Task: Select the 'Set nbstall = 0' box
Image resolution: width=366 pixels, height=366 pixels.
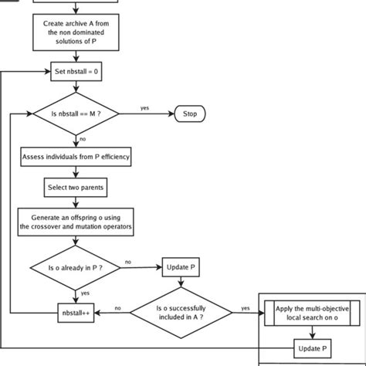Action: click(x=75, y=72)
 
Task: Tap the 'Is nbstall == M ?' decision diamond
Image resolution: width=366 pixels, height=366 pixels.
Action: click(x=75, y=114)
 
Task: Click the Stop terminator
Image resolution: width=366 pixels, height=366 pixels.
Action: click(x=189, y=114)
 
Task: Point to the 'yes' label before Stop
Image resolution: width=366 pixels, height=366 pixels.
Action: click(x=144, y=108)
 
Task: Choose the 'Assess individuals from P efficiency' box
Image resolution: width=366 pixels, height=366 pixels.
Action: click(x=75, y=158)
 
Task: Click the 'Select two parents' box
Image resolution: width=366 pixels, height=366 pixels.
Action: click(x=75, y=187)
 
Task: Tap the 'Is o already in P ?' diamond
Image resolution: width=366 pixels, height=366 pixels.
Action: click(x=75, y=268)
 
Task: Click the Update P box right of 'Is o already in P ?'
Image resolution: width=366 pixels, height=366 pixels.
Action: click(x=181, y=268)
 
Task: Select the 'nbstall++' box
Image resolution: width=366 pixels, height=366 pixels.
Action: click(x=75, y=312)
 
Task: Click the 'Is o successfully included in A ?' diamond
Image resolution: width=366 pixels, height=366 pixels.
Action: click(x=181, y=312)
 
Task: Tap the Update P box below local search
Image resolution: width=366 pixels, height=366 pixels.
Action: click(x=312, y=349)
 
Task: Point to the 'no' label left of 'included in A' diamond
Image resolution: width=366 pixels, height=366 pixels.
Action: click(x=117, y=307)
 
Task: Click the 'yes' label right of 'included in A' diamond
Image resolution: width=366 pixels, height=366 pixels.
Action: click(x=246, y=307)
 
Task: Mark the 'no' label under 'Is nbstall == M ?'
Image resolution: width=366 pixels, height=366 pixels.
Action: click(x=83, y=139)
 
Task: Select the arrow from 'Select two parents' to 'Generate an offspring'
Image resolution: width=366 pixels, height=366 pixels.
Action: click(x=75, y=201)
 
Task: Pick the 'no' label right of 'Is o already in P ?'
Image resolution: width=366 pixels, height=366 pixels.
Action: click(x=127, y=262)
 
